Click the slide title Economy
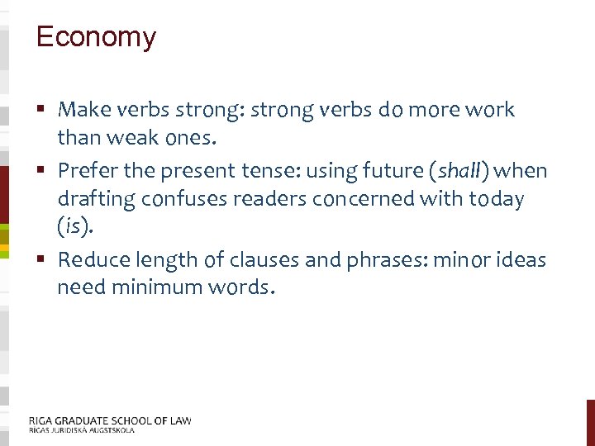pos(96,37)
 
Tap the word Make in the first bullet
pos(79,109)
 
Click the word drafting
pos(96,199)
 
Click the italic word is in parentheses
pos(71,226)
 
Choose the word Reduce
pos(90,260)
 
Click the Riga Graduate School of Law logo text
pos(109,420)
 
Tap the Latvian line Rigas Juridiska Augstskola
pos(81,430)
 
